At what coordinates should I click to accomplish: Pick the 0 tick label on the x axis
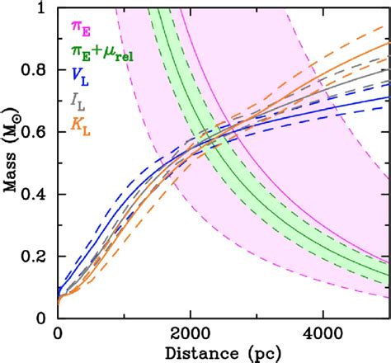[x=57, y=334]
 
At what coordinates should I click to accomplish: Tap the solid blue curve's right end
[x=389, y=97]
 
